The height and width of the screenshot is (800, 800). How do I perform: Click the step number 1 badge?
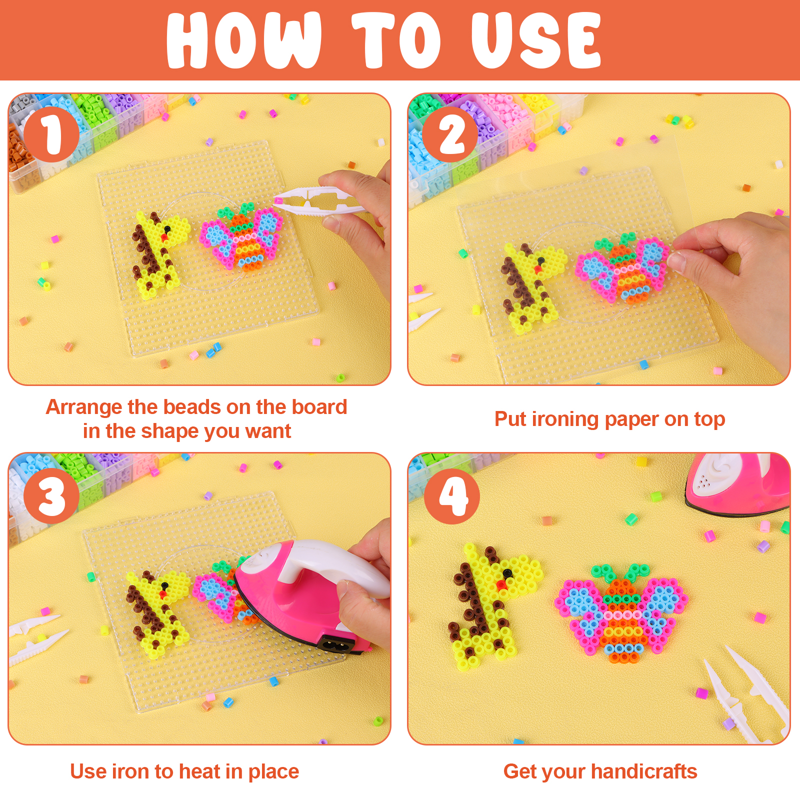click(x=51, y=134)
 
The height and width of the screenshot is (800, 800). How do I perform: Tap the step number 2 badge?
click(x=450, y=134)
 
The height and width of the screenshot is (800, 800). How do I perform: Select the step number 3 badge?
click(x=51, y=496)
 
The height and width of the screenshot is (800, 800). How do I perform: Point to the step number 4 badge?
click(x=451, y=496)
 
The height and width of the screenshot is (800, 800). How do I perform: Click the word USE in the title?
click(x=536, y=40)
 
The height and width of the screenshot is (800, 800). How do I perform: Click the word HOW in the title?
click(x=243, y=40)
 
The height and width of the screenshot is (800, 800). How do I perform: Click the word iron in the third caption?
click(x=130, y=771)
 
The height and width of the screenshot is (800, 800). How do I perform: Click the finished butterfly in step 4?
click(x=621, y=612)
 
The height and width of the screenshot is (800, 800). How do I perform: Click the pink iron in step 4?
click(x=738, y=485)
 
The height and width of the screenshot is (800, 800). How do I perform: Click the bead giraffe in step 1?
click(x=160, y=255)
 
